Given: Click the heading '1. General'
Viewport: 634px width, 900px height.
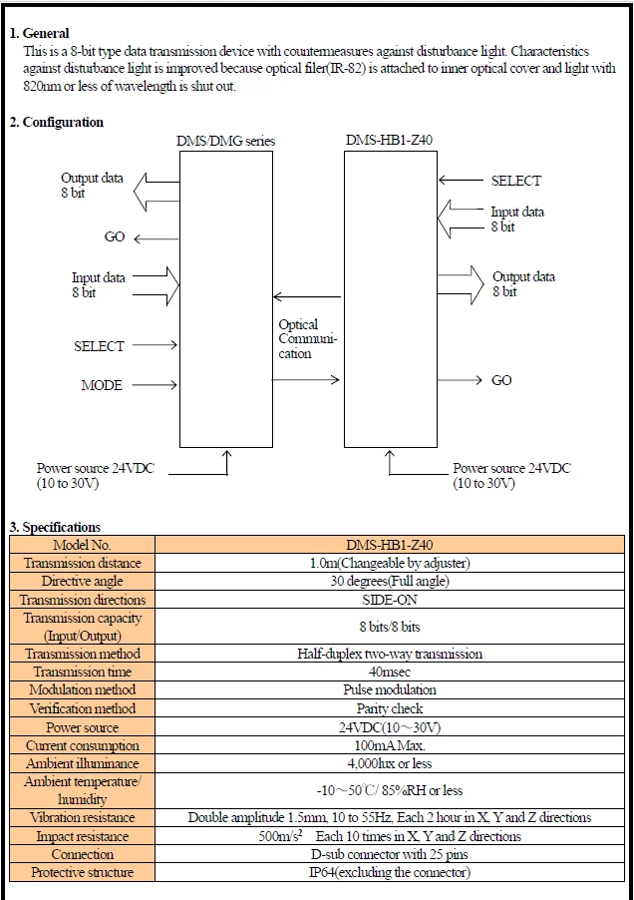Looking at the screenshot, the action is pyautogui.click(x=39, y=33).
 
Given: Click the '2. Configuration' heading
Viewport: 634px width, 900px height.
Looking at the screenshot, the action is pyautogui.click(x=56, y=123).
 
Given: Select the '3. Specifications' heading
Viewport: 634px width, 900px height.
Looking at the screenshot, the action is pyautogui.click(x=55, y=527).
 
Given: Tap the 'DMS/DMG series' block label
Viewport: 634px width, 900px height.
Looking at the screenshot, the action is pyautogui.click(x=226, y=141).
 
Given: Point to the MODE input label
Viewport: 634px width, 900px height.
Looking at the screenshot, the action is pyautogui.click(x=102, y=385).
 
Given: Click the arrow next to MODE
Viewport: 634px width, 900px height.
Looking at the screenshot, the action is pyautogui.click(x=155, y=384).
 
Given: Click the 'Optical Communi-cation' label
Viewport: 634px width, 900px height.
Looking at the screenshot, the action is pyautogui.click(x=308, y=338).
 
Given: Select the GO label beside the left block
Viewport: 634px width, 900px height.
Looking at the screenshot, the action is pyautogui.click(x=115, y=237).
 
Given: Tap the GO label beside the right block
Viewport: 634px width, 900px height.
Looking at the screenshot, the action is pyautogui.click(x=501, y=380).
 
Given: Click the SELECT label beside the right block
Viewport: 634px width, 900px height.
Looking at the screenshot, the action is pyautogui.click(x=516, y=181).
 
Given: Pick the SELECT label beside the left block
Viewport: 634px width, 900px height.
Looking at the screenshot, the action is pyautogui.click(x=99, y=346).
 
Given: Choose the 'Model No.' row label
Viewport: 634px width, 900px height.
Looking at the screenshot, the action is pyautogui.click(x=82, y=545).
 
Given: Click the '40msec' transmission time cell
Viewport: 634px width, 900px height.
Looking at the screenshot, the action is pyautogui.click(x=390, y=672).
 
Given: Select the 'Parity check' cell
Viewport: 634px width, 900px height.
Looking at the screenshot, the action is pyautogui.click(x=390, y=708).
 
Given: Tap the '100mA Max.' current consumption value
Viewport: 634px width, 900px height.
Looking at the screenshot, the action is pyautogui.click(x=390, y=745).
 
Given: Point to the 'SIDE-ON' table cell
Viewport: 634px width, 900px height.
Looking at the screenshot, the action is pyautogui.click(x=390, y=600).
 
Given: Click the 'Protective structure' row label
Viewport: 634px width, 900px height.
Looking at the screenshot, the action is pyautogui.click(x=82, y=872).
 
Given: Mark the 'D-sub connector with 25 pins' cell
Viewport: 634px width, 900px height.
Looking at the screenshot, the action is pyautogui.click(x=390, y=854).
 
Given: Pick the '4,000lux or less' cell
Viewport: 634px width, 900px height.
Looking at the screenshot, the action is pyautogui.click(x=390, y=763).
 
